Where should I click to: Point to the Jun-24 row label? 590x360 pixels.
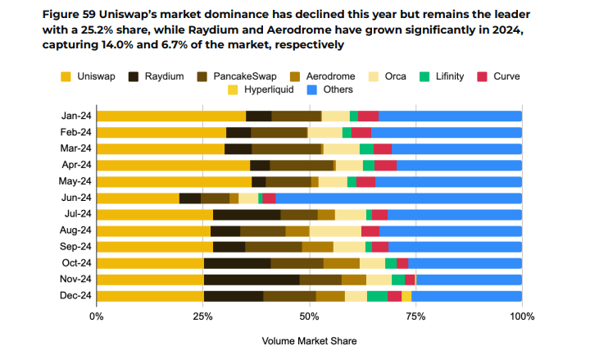pos(74,198)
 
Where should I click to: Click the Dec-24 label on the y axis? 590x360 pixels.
pos(74,296)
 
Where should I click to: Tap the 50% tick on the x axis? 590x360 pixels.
pos(309,317)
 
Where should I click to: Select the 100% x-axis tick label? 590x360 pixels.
pos(521,317)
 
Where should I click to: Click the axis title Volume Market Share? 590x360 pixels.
pos(309,339)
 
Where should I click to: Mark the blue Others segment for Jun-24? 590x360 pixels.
pos(398,198)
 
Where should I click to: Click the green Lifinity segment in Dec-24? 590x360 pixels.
pos(377,296)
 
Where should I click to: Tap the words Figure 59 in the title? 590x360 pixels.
pos(69,13)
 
